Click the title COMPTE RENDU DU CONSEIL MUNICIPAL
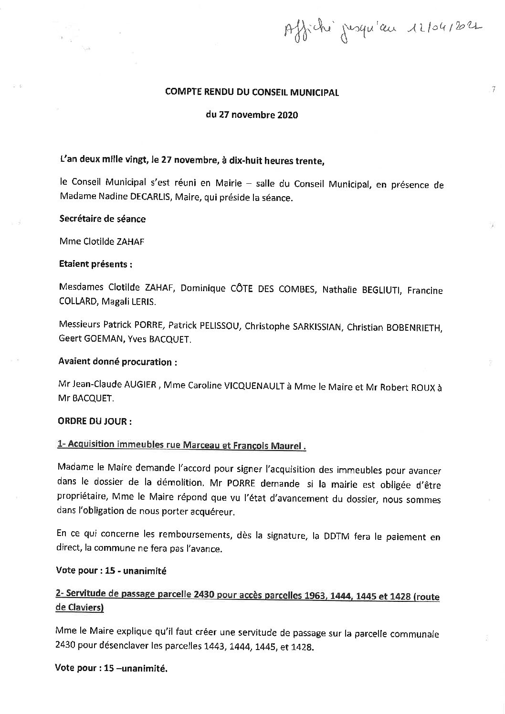(252, 93)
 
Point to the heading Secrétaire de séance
(102, 219)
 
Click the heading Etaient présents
(95, 264)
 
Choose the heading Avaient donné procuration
(117, 362)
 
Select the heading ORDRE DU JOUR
(95, 422)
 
